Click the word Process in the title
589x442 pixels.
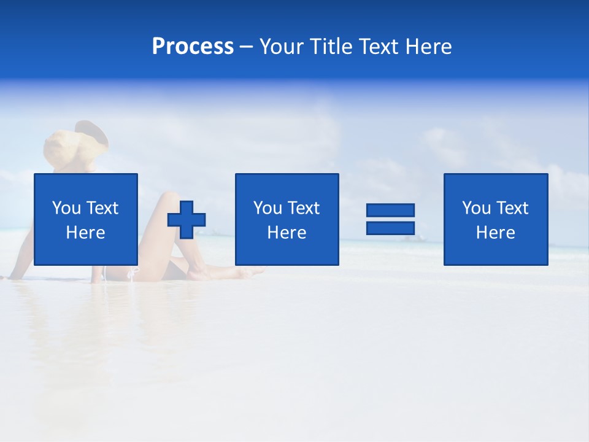click(x=193, y=47)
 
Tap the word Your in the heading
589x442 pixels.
click(x=282, y=47)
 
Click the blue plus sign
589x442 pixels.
click(x=187, y=220)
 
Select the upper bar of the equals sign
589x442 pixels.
click(x=390, y=210)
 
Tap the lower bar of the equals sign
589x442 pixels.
click(x=390, y=228)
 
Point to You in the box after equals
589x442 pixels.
click(x=476, y=208)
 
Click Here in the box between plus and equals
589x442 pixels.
click(x=287, y=233)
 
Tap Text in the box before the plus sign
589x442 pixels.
click(x=102, y=208)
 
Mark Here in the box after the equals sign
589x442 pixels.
click(x=496, y=233)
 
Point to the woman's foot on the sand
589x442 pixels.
click(x=245, y=272)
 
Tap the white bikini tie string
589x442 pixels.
click(x=132, y=274)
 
